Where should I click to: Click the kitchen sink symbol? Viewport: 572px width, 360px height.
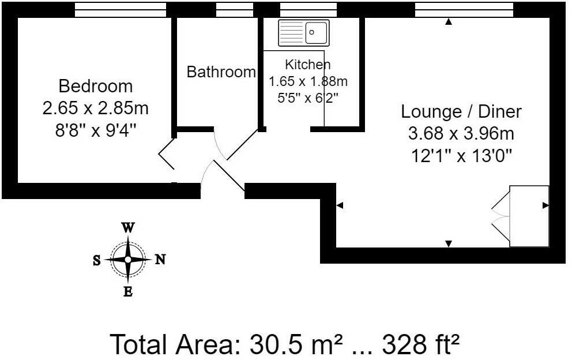click(303, 33)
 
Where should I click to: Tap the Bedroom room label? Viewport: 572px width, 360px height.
click(96, 87)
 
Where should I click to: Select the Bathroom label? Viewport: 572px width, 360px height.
click(221, 72)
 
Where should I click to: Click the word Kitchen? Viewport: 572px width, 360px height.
click(308, 64)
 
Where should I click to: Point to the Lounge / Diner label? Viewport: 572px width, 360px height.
click(461, 111)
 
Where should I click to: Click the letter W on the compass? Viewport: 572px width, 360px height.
click(128, 227)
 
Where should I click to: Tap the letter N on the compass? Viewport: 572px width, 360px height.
click(160, 260)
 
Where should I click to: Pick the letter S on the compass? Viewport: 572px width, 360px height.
click(96, 260)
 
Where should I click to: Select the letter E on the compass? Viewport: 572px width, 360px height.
click(128, 292)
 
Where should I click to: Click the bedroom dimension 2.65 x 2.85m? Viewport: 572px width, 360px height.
click(96, 107)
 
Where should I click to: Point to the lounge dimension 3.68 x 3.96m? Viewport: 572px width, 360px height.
click(461, 134)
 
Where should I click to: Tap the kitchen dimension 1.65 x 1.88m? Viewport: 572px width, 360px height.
click(308, 81)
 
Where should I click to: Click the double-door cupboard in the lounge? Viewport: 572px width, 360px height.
click(529, 216)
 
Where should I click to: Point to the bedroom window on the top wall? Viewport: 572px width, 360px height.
click(121, 10)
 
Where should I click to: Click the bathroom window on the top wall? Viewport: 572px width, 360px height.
click(234, 10)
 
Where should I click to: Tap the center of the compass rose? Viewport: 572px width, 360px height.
click(128, 260)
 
